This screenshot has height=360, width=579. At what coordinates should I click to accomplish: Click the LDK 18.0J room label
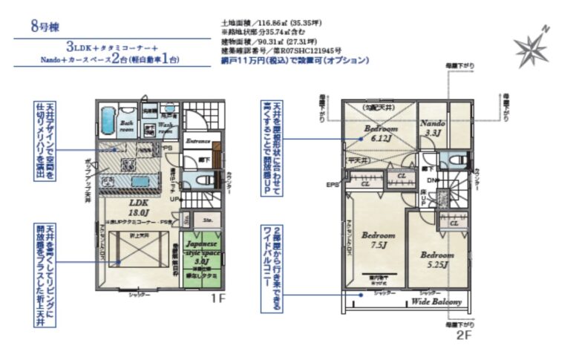[140, 206]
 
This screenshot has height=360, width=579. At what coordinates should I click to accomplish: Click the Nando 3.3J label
[432, 127]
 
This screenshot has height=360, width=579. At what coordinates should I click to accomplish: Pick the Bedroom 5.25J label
[438, 259]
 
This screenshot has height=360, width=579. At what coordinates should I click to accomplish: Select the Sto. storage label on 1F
[209, 219]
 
